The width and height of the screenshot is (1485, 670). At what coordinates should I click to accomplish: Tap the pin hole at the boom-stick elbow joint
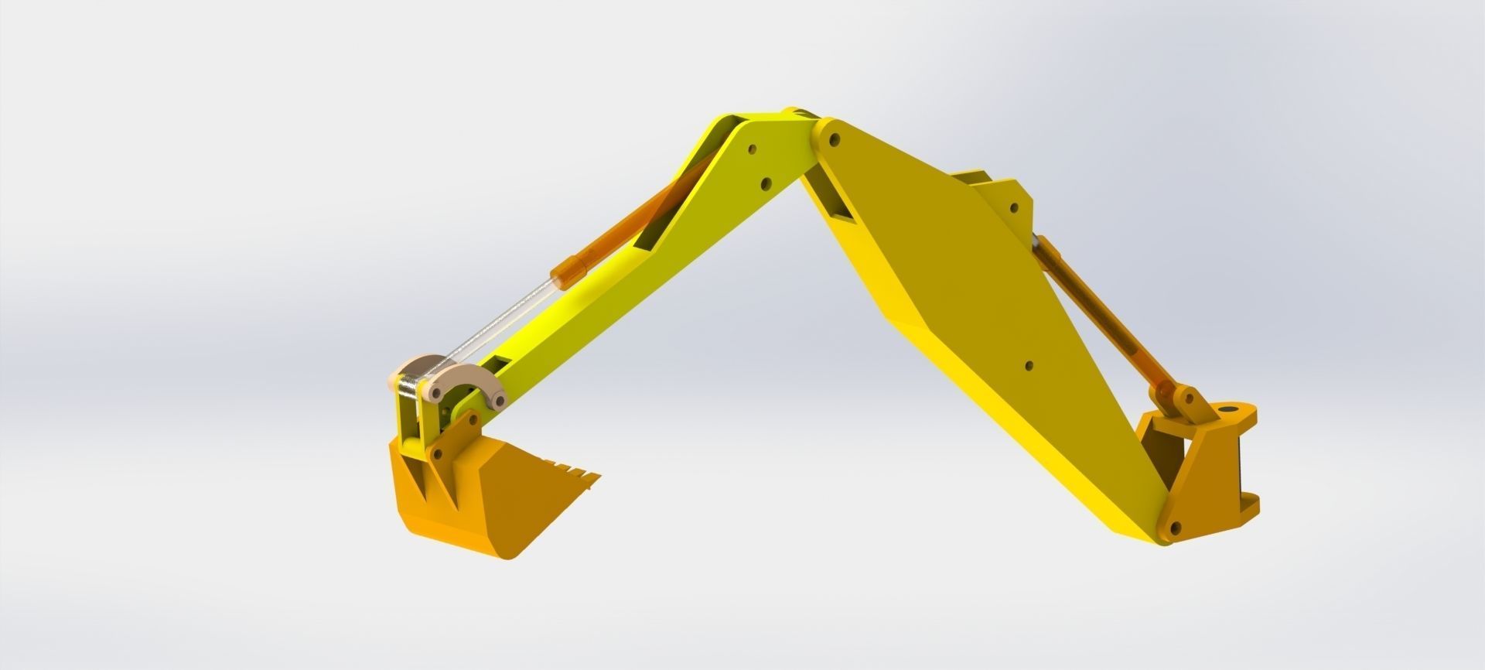click(833, 140)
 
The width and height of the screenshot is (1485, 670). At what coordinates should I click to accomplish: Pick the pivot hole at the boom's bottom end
click(1176, 528)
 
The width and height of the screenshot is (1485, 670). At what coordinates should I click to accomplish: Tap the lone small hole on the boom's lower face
click(1028, 366)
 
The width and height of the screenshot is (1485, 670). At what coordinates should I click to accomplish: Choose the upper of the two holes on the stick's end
click(751, 149)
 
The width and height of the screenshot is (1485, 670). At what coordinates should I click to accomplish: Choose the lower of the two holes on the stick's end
click(766, 184)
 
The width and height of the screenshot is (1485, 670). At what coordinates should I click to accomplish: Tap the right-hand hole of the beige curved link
click(499, 401)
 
